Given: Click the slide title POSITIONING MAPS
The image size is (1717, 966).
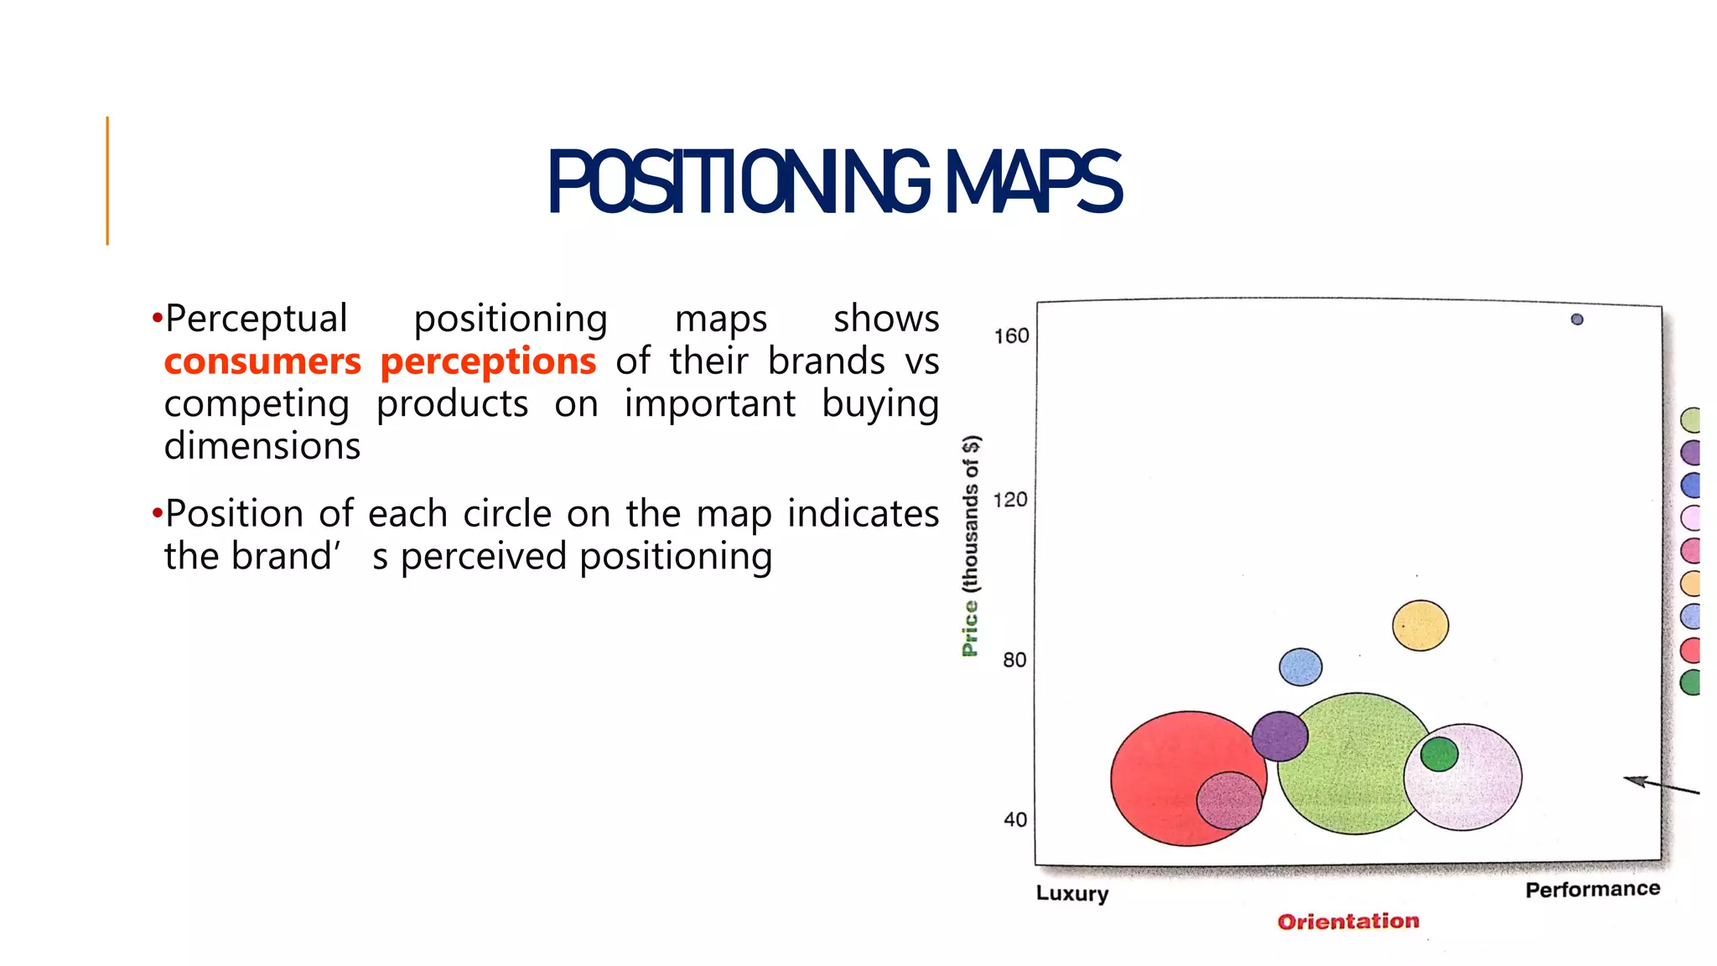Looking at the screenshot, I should pyautogui.click(x=834, y=182).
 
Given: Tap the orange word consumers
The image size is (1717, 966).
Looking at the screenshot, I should pyautogui.click(x=262, y=361).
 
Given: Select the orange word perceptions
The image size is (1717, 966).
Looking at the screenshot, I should pyautogui.click(x=488, y=361).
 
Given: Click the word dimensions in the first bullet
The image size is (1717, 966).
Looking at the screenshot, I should pyautogui.click(x=262, y=446).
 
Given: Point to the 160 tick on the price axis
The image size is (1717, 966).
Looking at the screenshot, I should pyautogui.click(x=1011, y=336).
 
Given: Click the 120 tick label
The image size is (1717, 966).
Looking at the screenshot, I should pyautogui.click(x=1009, y=500).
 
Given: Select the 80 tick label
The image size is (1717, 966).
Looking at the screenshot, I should pyautogui.click(x=1014, y=660).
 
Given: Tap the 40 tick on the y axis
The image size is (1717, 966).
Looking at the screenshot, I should pyautogui.click(x=1014, y=819).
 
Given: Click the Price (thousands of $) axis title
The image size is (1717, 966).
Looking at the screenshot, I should pyautogui.click(x=970, y=545).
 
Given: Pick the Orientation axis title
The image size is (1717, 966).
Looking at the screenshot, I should pyautogui.click(x=1348, y=922).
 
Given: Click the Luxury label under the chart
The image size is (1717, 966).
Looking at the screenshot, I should pyautogui.click(x=1071, y=893).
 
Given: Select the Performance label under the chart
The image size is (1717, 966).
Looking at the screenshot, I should pyautogui.click(x=1592, y=890).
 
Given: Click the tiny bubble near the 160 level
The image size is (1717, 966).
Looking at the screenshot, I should pyautogui.click(x=1577, y=319).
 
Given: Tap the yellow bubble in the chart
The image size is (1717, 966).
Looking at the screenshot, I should pyautogui.click(x=1420, y=626).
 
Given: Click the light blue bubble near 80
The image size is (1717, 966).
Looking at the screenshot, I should pyautogui.click(x=1300, y=667).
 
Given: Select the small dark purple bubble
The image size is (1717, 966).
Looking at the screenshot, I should pyautogui.click(x=1279, y=736).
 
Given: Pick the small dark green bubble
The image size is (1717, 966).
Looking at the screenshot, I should pyautogui.click(x=1439, y=754).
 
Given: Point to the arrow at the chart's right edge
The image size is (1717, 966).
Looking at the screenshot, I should pyautogui.click(x=1660, y=786).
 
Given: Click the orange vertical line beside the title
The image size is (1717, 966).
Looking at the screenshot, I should pyautogui.click(x=107, y=181).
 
